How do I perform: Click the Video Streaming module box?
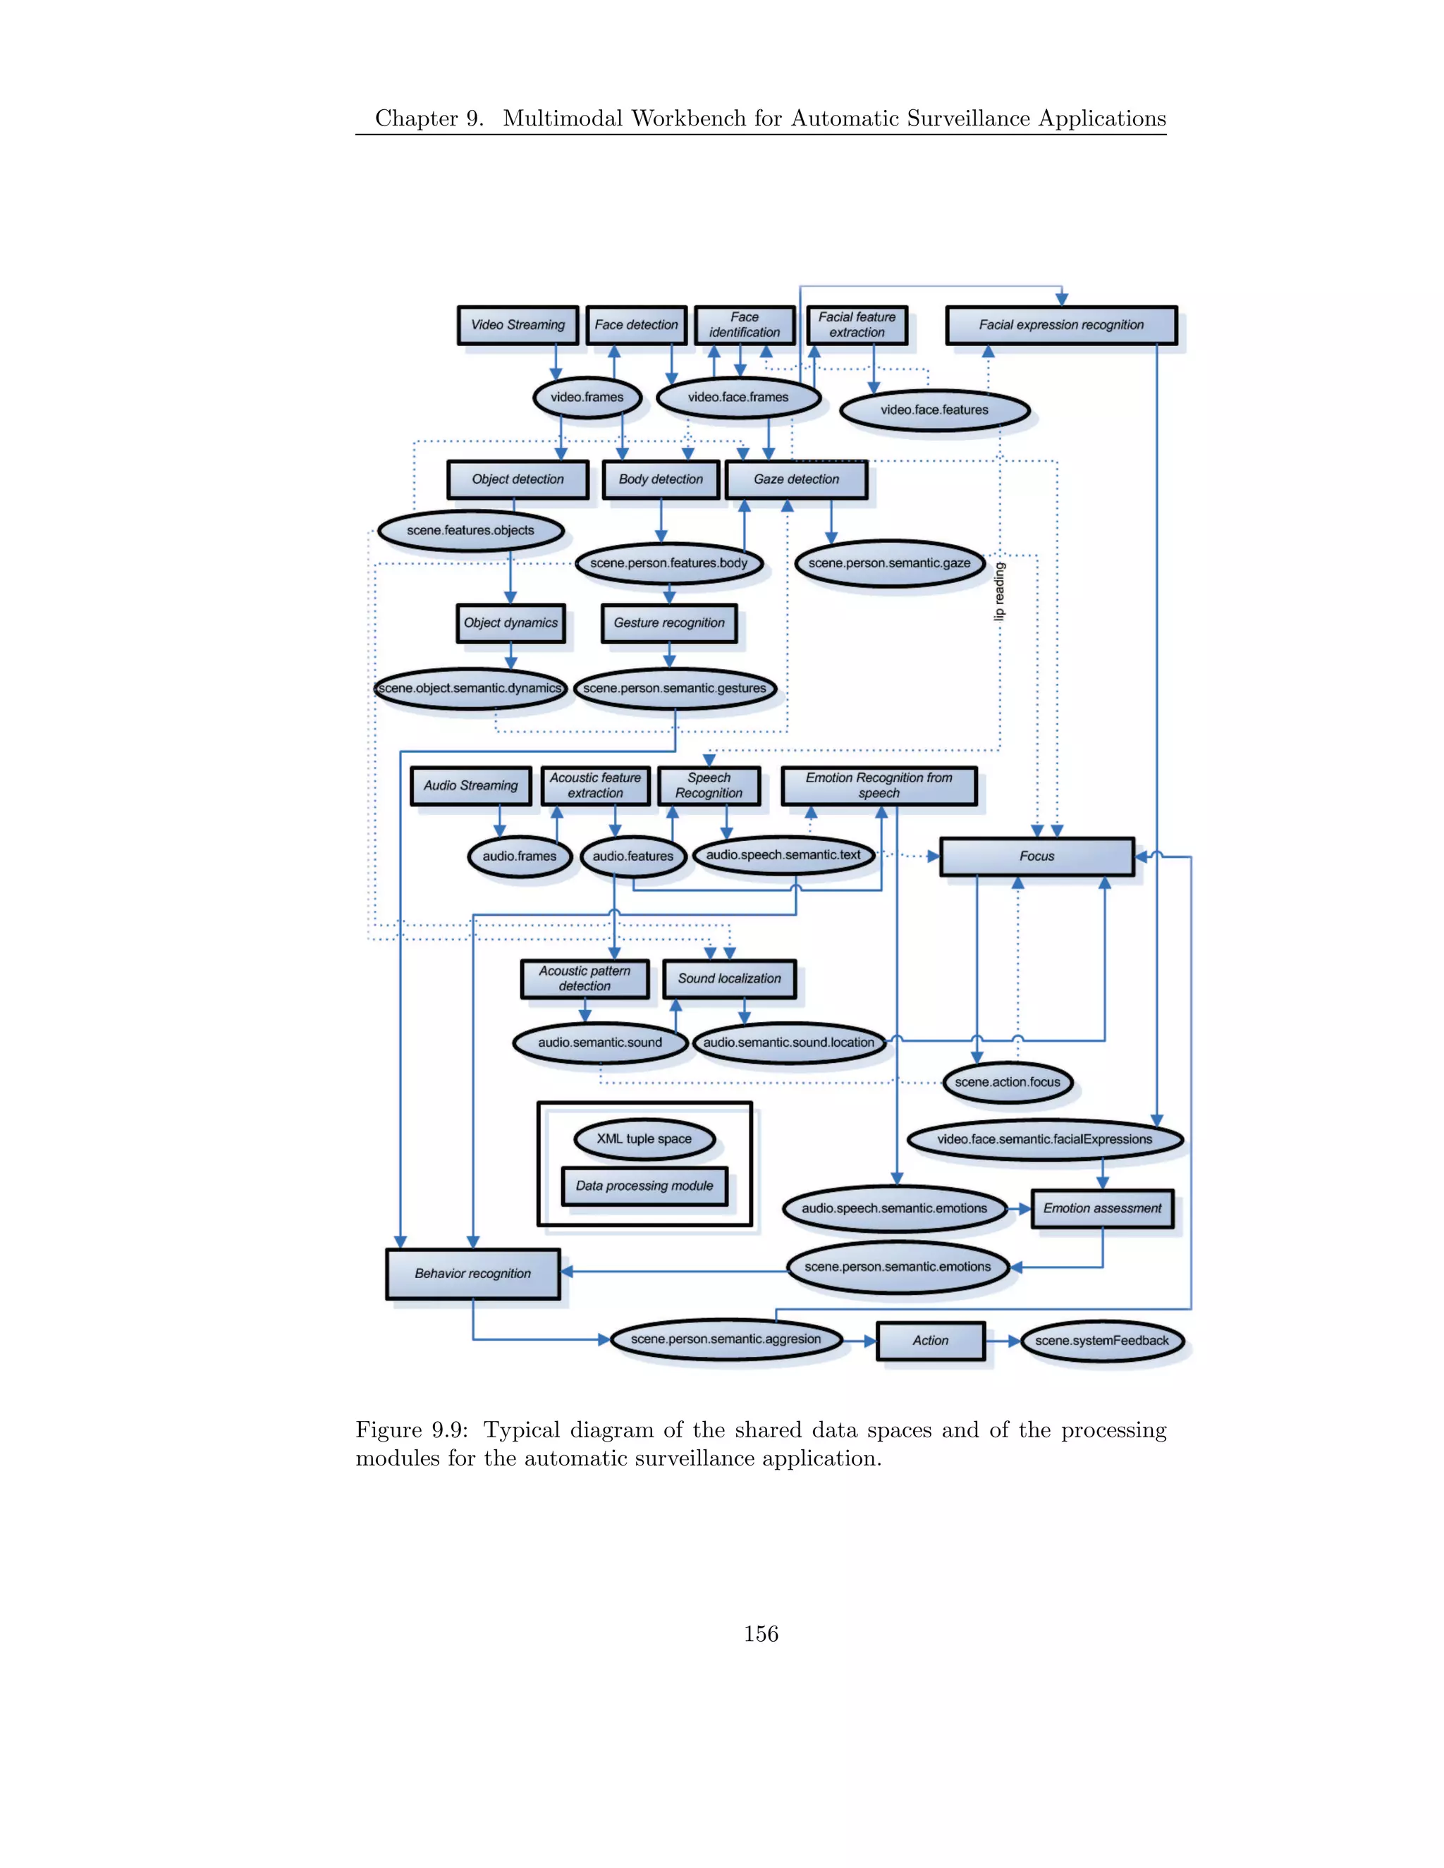pos(518,325)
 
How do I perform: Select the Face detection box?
pos(635,325)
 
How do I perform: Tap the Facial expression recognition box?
pos(1060,325)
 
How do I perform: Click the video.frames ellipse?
pos(587,398)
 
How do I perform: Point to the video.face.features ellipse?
pos(934,410)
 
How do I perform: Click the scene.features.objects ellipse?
pos(470,530)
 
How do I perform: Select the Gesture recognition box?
pos(669,622)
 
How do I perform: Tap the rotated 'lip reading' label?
pos(999,591)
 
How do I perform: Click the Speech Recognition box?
pos(709,785)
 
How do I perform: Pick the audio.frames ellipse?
pos(519,856)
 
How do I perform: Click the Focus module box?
pos(1036,856)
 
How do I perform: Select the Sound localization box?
pos(729,978)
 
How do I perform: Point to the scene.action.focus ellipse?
pos(1007,1083)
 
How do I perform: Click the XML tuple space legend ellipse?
pos(644,1139)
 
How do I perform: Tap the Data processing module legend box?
pos(644,1186)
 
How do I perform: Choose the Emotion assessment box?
pos(1102,1208)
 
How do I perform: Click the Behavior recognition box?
pos(472,1274)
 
